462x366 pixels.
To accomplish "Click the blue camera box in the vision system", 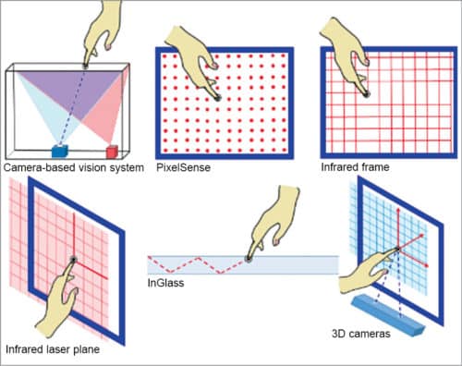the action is click(59, 151).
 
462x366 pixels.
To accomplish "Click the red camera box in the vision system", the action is click(112, 152).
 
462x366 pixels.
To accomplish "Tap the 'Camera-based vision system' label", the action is click(74, 168).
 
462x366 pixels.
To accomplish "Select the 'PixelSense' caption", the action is click(183, 167).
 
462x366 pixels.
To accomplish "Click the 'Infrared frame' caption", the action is click(355, 167).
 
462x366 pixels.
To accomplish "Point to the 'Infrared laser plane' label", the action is click(53, 349).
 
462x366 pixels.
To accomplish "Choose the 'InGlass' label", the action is click(165, 283).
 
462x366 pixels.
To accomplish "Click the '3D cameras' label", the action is click(361, 334).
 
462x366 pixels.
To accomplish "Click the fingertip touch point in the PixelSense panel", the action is click(218, 98).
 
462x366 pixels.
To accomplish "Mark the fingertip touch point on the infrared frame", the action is click(366, 94).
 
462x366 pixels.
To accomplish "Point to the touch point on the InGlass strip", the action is click(248, 259).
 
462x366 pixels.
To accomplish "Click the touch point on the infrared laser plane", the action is click(73, 260).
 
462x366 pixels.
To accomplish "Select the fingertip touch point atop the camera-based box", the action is click(85, 66).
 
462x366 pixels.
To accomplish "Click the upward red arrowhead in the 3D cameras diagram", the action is click(397, 210).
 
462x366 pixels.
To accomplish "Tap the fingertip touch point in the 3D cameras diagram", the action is click(397, 249).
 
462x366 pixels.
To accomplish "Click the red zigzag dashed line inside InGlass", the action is click(197, 265).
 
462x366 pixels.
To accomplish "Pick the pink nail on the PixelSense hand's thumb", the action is click(214, 66).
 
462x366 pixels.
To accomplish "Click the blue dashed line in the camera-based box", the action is click(73, 106).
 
